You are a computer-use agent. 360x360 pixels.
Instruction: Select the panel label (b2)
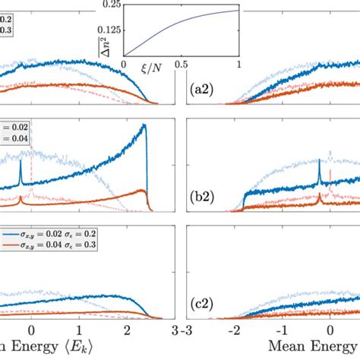(x=201, y=204)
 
